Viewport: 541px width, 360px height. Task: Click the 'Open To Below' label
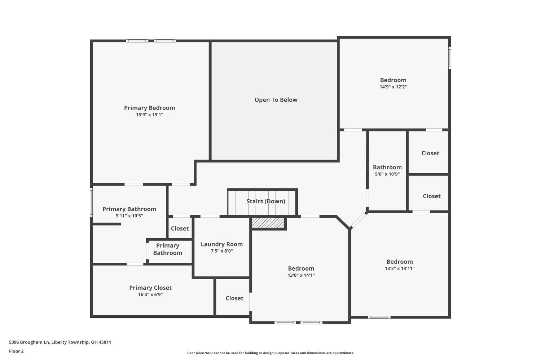(x=276, y=100)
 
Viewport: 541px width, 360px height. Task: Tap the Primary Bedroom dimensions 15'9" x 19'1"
(x=149, y=115)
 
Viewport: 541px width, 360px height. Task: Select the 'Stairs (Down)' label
(x=266, y=201)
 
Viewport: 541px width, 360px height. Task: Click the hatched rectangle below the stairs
(x=268, y=223)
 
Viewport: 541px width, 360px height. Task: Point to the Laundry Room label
(x=221, y=244)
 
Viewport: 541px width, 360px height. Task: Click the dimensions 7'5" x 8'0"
(x=221, y=251)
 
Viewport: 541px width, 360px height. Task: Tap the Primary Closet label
(x=150, y=288)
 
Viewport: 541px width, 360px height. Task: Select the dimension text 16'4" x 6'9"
(x=150, y=294)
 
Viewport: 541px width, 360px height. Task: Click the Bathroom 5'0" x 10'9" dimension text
(x=387, y=174)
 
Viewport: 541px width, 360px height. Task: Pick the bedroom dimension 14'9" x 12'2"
(x=393, y=87)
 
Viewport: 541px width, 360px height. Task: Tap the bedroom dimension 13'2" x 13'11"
(x=400, y=268)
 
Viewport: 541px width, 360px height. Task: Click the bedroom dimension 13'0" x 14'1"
(x=301, y=275)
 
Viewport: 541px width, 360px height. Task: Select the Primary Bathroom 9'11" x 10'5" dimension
(x=129, y=216)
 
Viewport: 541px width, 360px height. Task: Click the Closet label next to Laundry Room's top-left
(x=180, y=228)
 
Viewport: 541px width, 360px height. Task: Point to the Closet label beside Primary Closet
(x=234, y=298)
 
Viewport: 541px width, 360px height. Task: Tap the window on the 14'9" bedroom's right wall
(x=449, y=58)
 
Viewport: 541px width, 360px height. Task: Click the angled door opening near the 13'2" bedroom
(x=359, y=220)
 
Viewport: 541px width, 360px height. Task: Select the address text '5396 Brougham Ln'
(x=29, y=342)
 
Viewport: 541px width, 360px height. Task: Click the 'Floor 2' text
(x=16, y=351)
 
